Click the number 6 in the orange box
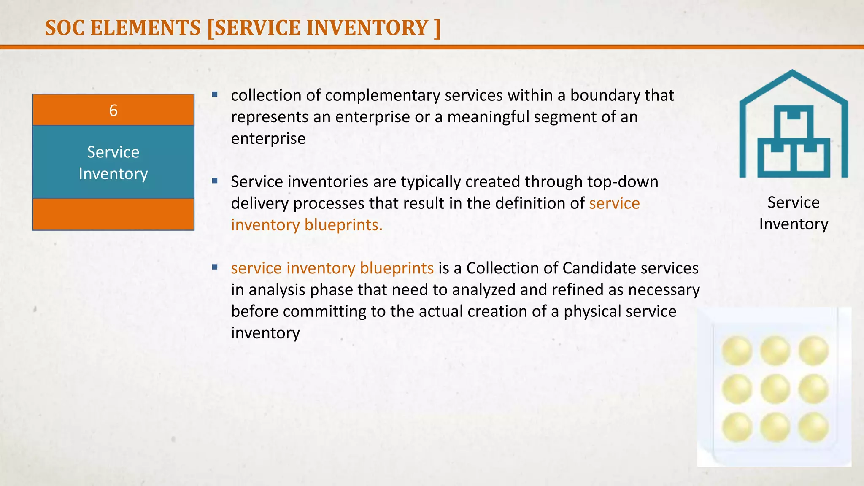(x=113, y=111)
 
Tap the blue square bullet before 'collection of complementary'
(x=215, y=94)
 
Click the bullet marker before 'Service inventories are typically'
(x=215, y=181)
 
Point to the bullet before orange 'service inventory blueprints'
(x=215, y=267)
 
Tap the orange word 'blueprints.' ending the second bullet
(x=343, y=225)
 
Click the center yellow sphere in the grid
(x=775, y=389)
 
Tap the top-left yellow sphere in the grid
(x=737, y=351)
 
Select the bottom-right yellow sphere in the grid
(x=813, y=427)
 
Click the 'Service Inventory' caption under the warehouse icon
(x=793, y=213)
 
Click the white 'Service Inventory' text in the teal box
(x=113, y=163)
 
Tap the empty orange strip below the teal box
(x=113, y=214)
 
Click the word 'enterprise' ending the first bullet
(x=268, y=139)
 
